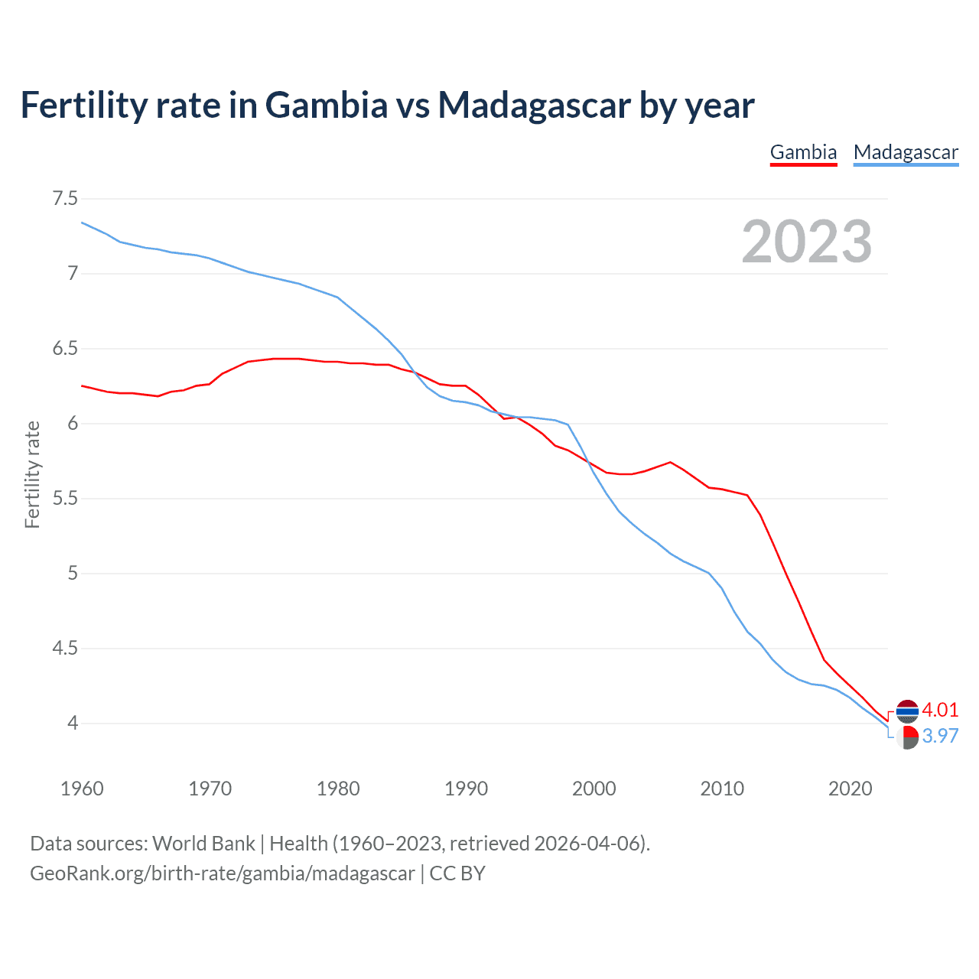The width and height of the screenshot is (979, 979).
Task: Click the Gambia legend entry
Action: click(x=803, y=152)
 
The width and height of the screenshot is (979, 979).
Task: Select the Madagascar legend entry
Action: click(x=906, y=152)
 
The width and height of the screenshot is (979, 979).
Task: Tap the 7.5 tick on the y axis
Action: click(x=65, y=199)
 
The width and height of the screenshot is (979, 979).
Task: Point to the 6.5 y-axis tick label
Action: click(x=65, y=349)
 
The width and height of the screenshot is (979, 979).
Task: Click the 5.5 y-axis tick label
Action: click(x=65, y=499)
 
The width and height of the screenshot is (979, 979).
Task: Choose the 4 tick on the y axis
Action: click(x=73, y=723)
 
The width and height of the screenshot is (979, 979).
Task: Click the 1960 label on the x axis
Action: click(x=82, y=789)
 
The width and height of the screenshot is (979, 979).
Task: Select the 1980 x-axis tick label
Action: click(x=338, y=789)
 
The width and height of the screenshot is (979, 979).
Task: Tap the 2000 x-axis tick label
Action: click(x=594, y=789)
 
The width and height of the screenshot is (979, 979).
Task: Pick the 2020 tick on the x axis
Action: click(x=850, y=789)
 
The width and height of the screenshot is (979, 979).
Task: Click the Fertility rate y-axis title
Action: click(x=32, y=474)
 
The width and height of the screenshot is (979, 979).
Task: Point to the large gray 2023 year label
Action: click(x=807, y=242)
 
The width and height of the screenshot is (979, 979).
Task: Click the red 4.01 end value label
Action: click(x=940, y=710)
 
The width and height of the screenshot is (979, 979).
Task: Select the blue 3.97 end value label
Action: click(x=940, y=736)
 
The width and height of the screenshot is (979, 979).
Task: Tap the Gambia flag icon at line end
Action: click(x=907, y=711)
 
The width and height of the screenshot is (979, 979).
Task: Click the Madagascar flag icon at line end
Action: click(x=907, y=737)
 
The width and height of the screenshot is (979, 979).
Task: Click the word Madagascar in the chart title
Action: click(x=534, y=105)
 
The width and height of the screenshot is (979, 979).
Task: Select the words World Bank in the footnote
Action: click(x=203, y=844)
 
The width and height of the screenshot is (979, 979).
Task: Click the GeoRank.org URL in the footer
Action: click(x=222, y=873)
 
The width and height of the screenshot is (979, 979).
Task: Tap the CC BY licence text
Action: click(x=457, y=873)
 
